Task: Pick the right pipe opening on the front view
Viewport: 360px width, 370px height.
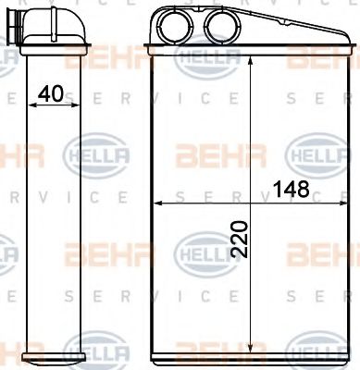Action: [x=221, y=21]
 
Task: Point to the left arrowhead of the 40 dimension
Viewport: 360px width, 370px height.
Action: [x=33, y=105]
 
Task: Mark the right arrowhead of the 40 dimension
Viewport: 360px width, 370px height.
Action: [x=76, y=105]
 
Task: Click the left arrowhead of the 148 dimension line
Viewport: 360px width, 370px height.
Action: [x=155, y=201]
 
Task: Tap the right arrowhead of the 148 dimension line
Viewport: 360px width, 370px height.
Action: [x=347, y=201]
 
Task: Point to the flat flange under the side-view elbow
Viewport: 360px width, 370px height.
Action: [x=56, y=45]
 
